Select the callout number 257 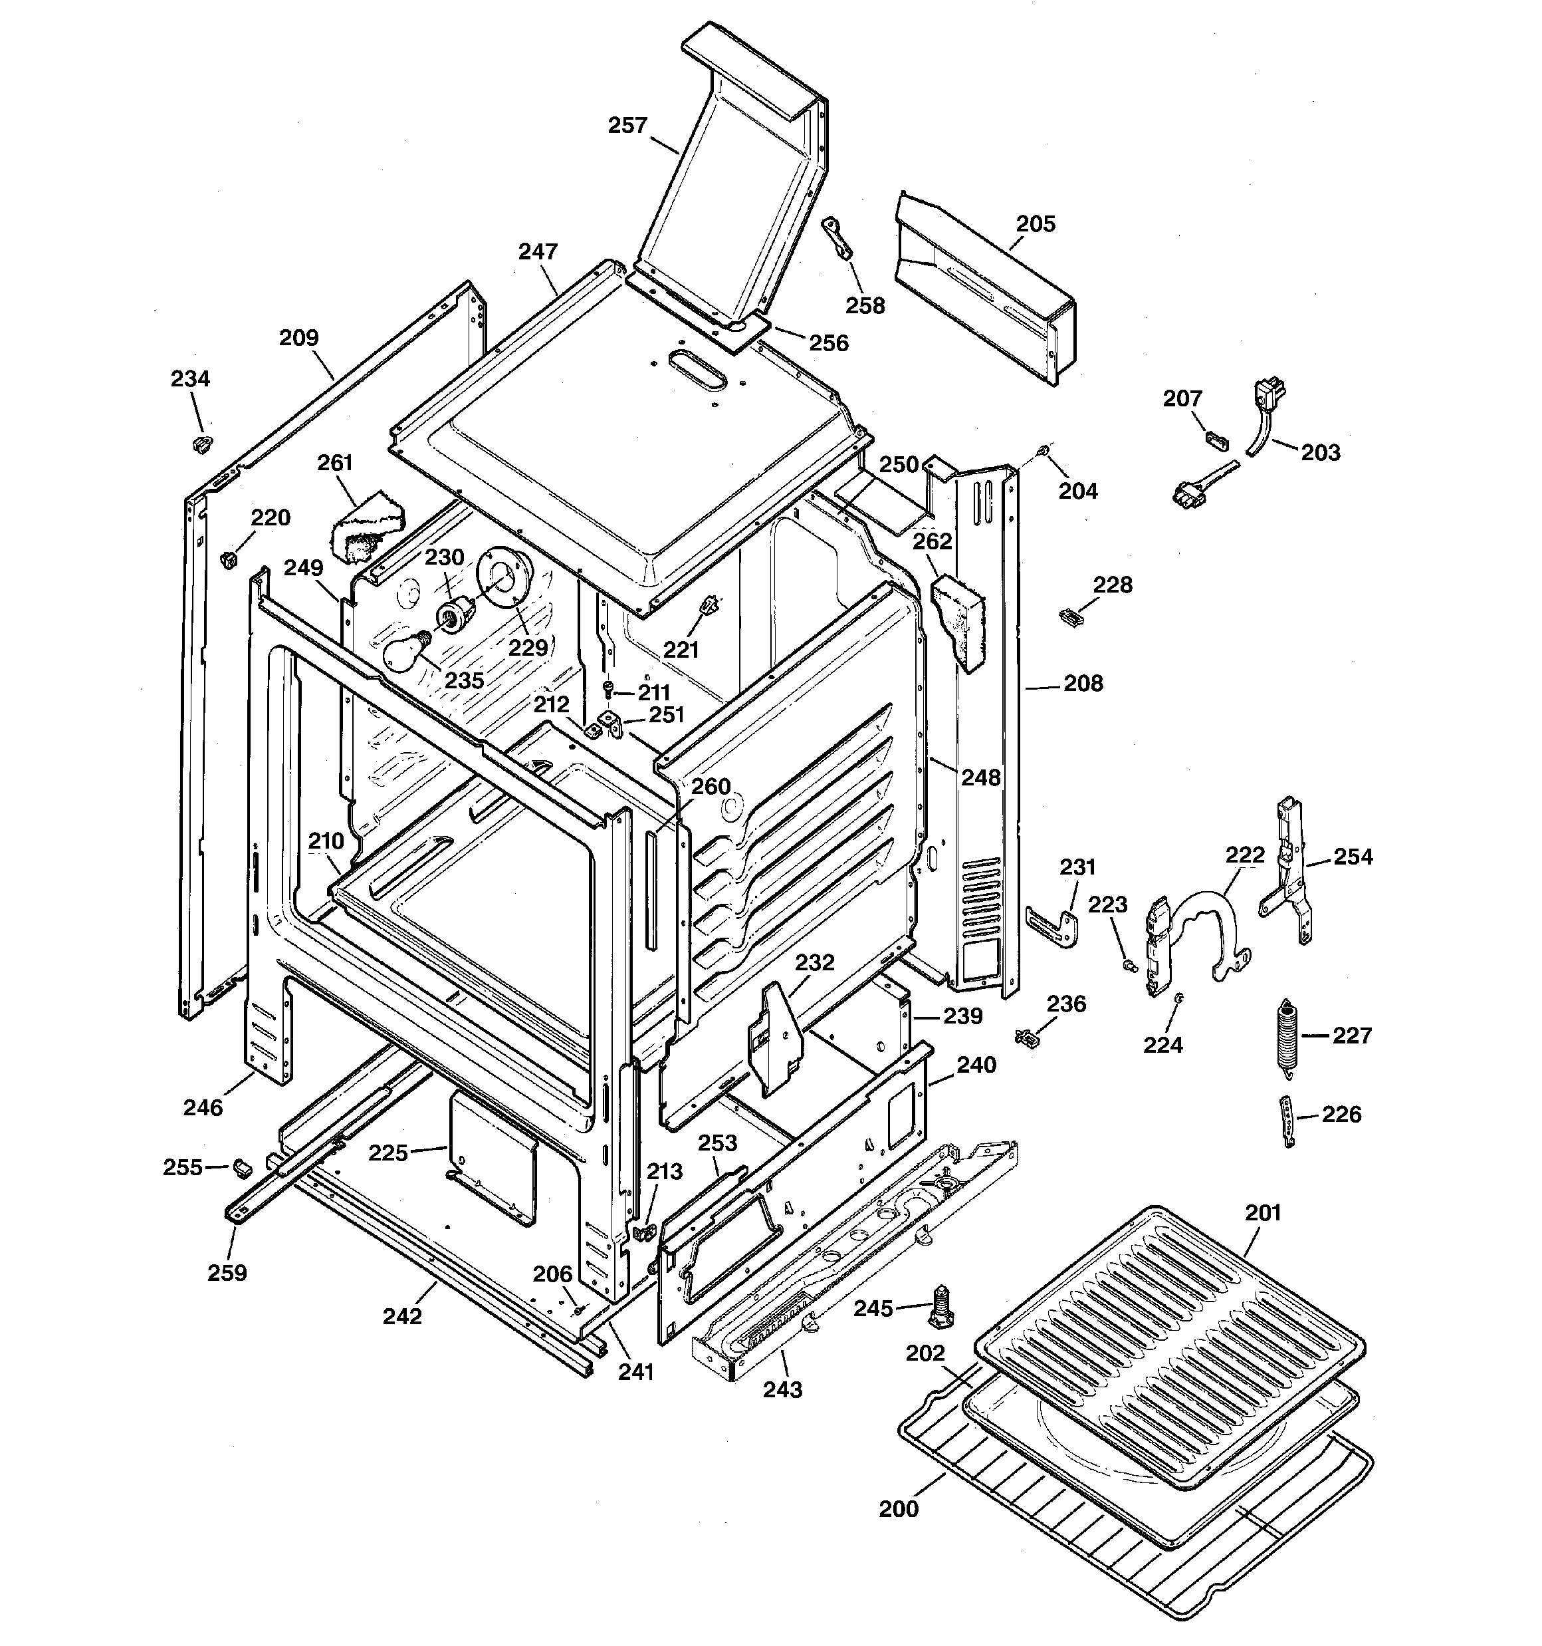pyautogui.click(x=627, y=126)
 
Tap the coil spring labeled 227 pyautogui.click(x=1286, y=1037)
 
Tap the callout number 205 pyautogui.click(x=1036, y=224)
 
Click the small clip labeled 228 pyautogui.click(x=1071, y=615)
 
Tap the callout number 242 pyautogui.click(x=402, y=1317)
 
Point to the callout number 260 pyautogui.click(x=710, y=787)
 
